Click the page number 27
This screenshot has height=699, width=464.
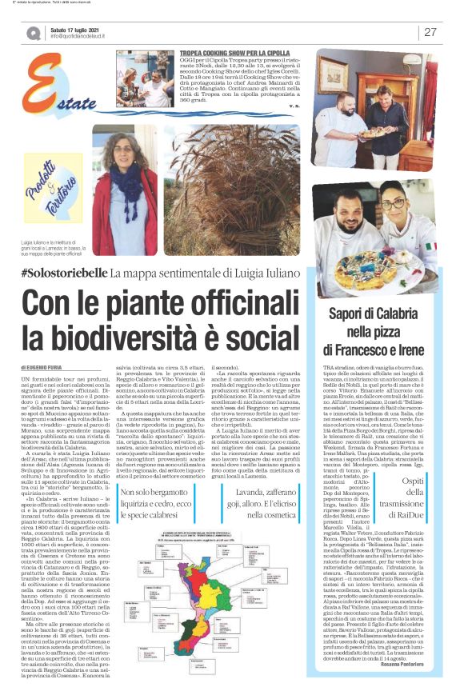[x=430, y=32]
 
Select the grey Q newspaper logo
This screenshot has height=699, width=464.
[x=34, y=32]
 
